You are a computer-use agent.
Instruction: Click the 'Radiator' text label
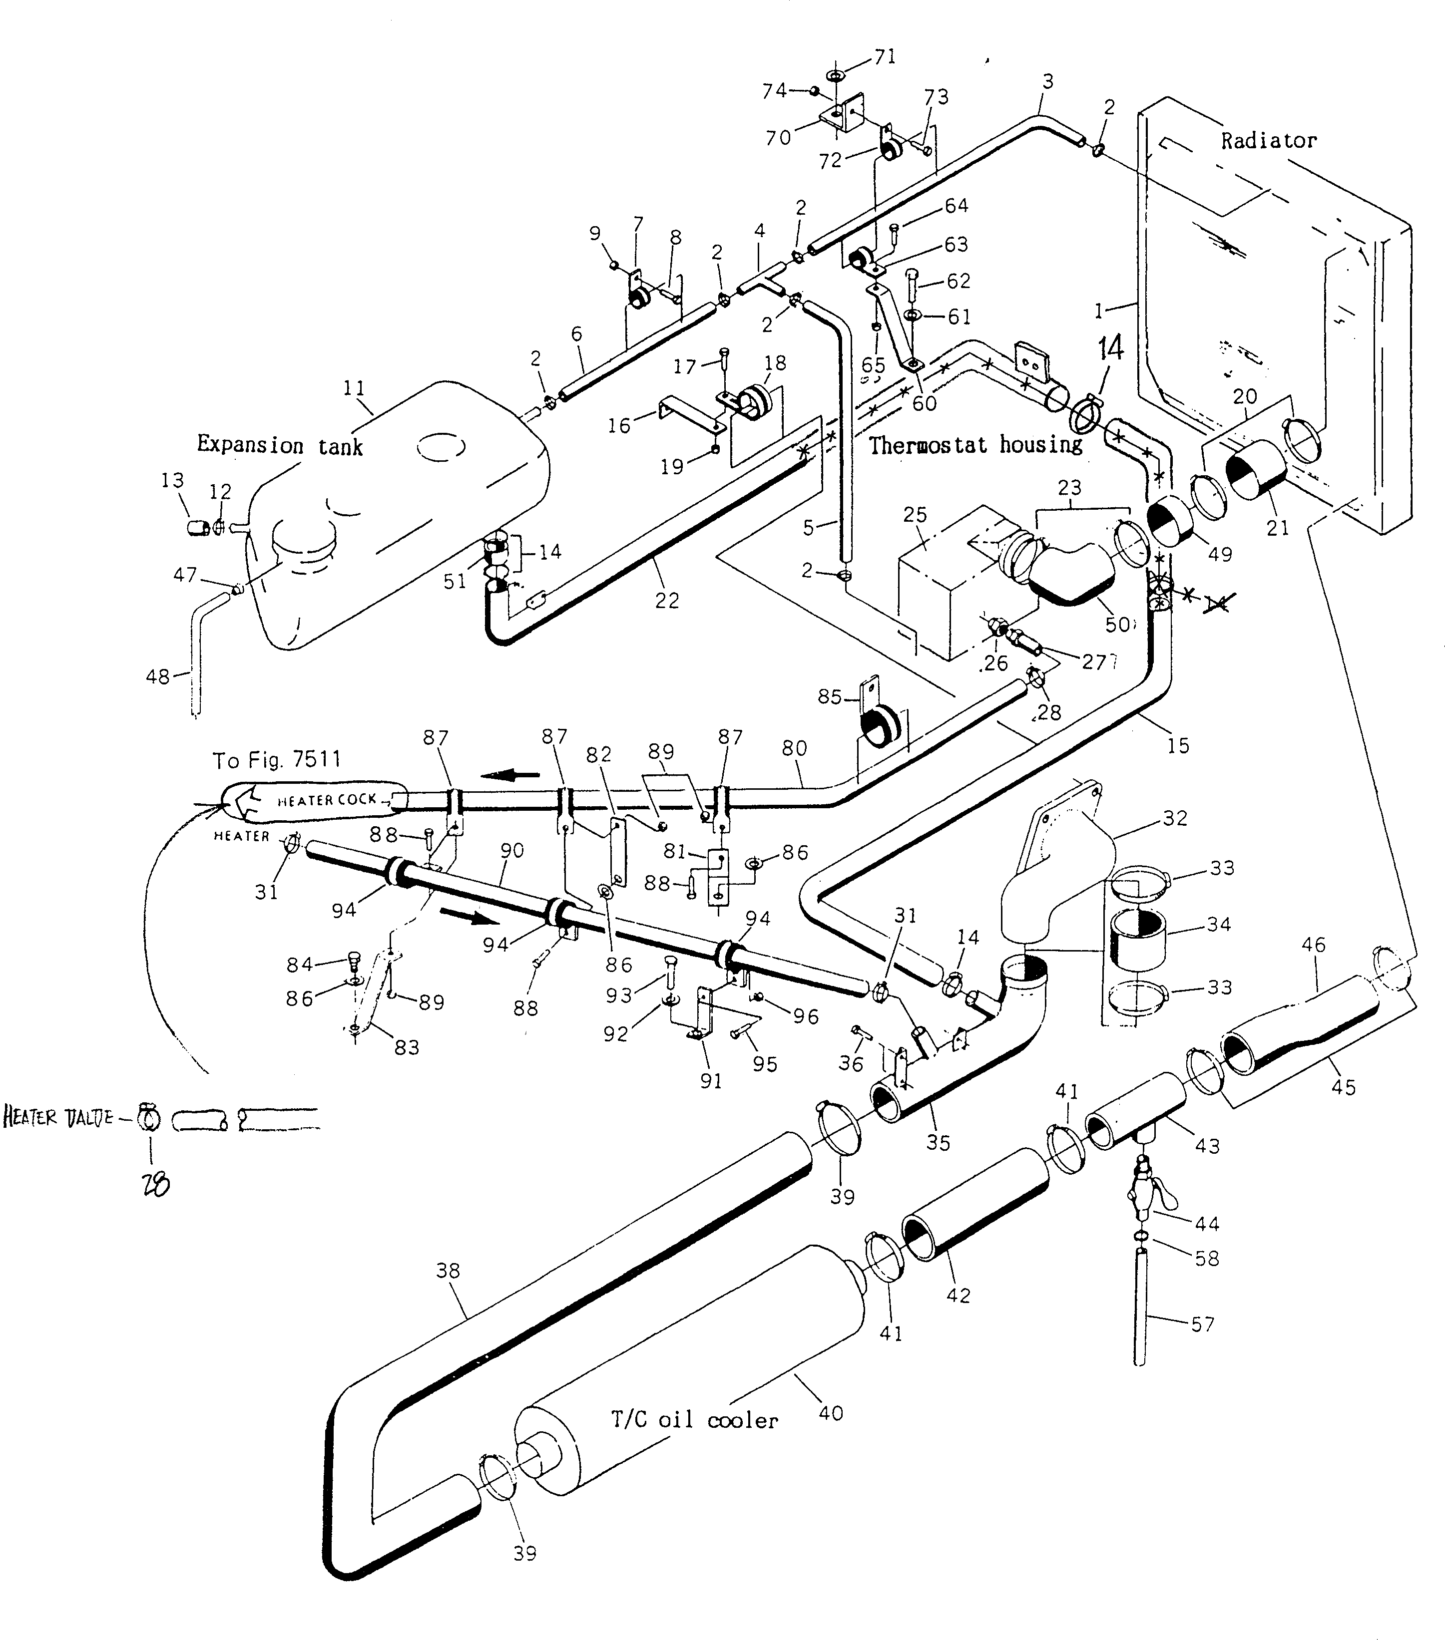click(1268, 140)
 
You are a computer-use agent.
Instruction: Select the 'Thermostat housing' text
click(975, 444)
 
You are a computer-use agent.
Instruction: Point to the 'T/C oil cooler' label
click(694, 1420)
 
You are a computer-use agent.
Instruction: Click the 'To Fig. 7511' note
click(276, 759)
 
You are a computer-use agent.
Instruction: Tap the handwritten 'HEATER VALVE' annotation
click(58, 1117)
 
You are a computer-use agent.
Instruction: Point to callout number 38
click(448, 1270)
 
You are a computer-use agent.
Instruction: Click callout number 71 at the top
click(884, 57)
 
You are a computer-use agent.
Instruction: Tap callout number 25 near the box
click(915, 514)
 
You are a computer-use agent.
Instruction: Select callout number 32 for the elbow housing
click(1174, 818)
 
